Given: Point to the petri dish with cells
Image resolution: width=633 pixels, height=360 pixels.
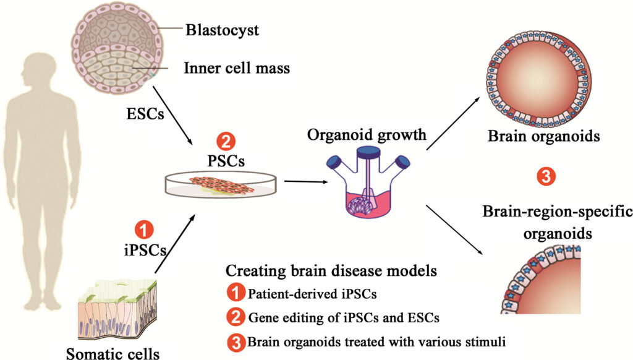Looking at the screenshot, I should [x=221, y=185].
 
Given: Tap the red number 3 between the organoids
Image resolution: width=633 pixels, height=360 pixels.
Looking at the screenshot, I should [x=546, y=177].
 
